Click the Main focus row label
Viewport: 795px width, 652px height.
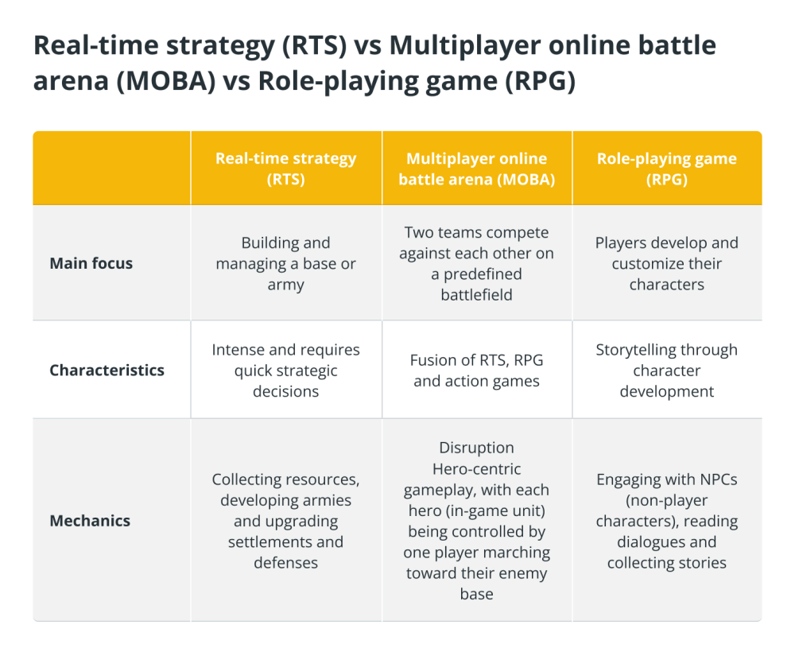[x=91, y=263]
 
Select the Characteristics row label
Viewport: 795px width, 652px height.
[x=107, y=370]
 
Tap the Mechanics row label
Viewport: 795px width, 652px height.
[x=90, y=521]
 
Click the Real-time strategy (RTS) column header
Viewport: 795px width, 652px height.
[x=286, y=169]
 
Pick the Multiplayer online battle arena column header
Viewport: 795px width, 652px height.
[x=476, y=169]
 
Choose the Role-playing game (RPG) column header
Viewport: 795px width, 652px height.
[x=667, y=169]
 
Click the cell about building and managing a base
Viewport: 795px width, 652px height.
[x=286, y=264]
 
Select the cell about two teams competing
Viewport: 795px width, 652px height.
[x=476, y=264]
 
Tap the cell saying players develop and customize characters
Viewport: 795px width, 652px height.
[x=667, y=264]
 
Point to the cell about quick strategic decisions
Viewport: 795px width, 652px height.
[x=286, y=371]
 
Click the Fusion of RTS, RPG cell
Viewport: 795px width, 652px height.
[x=476, y=371]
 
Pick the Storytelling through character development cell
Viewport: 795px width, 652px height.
[x=667, y=371]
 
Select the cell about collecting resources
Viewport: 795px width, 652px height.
[x=286, y=521]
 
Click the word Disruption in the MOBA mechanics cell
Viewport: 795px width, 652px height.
[x=476, y=448]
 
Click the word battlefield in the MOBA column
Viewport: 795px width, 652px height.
[x=476, y=294]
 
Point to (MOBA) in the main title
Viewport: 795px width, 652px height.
[x=166, y=80]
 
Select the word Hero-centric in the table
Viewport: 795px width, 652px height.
[x=476, y=469]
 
